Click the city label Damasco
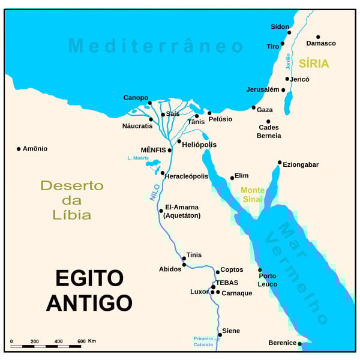click(321, 43)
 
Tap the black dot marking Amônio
click(19, 149)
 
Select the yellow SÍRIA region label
click(314, 64)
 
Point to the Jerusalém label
click(263, 89)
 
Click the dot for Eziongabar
click(280, 162)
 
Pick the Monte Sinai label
click(252, 194)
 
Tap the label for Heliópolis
click(199, 145)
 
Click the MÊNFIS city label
click(153, 149)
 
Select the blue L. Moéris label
click(137, 158)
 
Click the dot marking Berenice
click(300, 344)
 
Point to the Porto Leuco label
click(268, 280)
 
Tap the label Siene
click(231, 331)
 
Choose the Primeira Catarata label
click(203, 341)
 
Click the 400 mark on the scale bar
click(58, 341)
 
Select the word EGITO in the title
click(89, 278)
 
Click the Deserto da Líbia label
click(72, 200)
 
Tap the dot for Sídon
click(289, 32)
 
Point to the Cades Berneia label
click(269, 131)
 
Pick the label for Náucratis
click(137, 125)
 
